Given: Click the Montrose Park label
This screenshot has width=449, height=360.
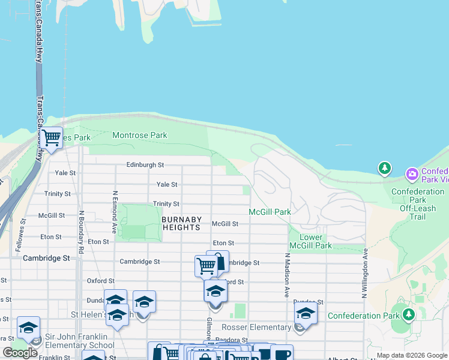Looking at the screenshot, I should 140,136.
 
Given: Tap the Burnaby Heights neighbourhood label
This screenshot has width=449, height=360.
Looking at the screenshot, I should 181,224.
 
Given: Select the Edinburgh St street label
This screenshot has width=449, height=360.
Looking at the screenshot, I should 145,164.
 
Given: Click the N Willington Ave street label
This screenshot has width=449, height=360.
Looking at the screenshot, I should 364,274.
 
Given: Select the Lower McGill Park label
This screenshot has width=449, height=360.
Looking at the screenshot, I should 310,241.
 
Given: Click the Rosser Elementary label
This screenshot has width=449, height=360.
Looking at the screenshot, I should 256,327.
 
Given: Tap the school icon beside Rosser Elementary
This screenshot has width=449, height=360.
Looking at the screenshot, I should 306,314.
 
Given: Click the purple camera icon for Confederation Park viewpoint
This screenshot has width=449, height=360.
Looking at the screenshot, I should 412,175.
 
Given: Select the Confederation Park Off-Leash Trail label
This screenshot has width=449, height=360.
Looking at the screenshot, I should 417,200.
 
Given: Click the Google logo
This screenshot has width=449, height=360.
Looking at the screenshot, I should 20,353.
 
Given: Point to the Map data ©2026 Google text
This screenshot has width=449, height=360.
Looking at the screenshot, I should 411,356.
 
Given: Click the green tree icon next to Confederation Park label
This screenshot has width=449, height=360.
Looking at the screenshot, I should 408,314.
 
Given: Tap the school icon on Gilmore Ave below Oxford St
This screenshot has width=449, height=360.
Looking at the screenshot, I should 215,292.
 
